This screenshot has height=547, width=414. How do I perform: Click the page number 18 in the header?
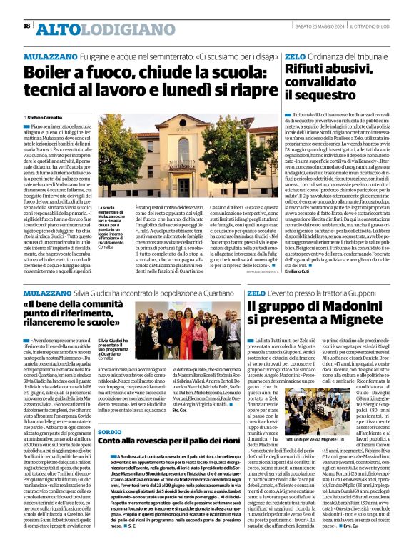click(x=26, y=26)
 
